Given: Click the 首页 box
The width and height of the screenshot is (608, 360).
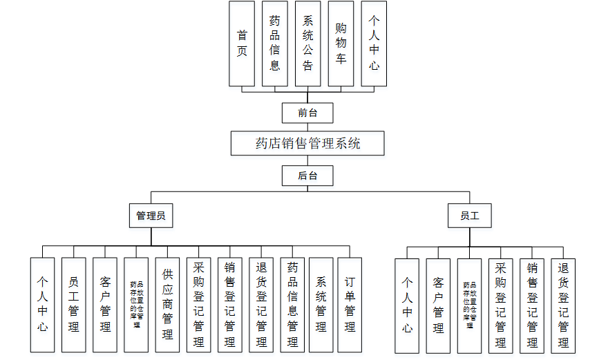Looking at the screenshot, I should pyautogui.click(x=242, y=43).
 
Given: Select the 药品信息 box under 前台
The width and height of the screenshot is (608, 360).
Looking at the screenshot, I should pyautogui.click(x=275, y=43).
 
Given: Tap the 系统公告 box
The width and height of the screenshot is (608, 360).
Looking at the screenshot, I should pyautogui.click(x=308, y=43).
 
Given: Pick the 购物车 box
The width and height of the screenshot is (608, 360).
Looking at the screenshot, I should pyautogui.click(x=341, y=43).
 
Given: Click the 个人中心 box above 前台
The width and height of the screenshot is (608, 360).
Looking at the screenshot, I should pyautogui.click(x=374, y=43).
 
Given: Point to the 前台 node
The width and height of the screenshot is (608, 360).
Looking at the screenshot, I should pyautogui.click(x=307, y=113).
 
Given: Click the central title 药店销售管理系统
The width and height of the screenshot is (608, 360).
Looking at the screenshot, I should pyautogui.click(x=307, y=144).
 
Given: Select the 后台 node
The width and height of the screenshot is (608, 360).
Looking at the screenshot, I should pyautogui.click(x=307, y=176).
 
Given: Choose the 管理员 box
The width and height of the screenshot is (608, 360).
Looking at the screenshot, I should pyautogui.click(x=151, y=216).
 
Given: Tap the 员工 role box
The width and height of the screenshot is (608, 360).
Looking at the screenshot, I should pyautogui.click(x=470, y=216).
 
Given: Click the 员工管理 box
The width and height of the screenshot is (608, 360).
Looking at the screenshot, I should pyautogui.click(x=74, y=305).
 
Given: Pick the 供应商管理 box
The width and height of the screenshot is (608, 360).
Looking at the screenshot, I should pyautogui.click(x=168, y=305).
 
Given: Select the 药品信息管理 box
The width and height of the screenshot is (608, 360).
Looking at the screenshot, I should pyautogui.click(x=293, y=305).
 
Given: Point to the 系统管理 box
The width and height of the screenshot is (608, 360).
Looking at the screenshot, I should pyautogui.click(x=321, y=305).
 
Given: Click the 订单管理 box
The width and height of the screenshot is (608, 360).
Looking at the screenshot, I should pyautogui.click(x=350, y=305).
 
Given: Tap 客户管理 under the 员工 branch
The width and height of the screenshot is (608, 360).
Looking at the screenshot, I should pyautogui.click(x=438, y=305).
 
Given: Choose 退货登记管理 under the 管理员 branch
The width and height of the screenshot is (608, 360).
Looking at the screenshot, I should pyautogui.click(x=261, y=305).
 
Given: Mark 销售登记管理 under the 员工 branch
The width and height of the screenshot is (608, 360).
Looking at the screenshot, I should pyautogui.click(x=532, y=305).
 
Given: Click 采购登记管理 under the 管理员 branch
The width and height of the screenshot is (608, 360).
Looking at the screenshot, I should pyautogui.click(x=199, y=305).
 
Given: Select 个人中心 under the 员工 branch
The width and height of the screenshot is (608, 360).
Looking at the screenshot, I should pyautogui.click(x=407, y=305).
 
